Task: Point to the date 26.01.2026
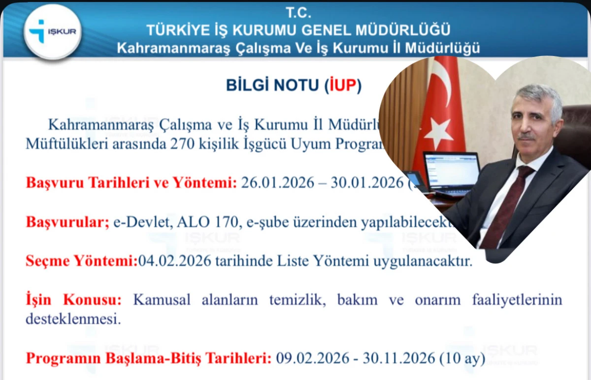pos(277,183)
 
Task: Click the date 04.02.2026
pos(175,261)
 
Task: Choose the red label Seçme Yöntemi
pos(81,261)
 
